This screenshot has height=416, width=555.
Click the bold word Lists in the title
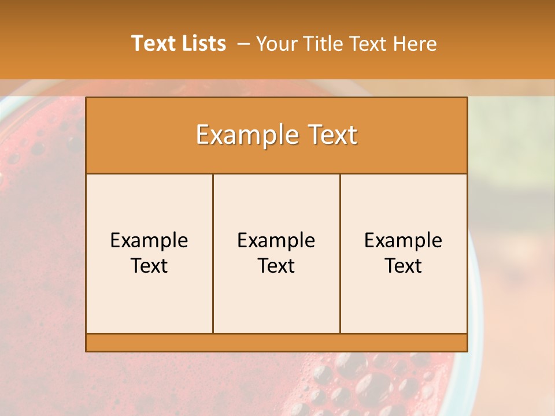tap(203, 43)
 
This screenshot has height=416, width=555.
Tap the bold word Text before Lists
tap(153, 43)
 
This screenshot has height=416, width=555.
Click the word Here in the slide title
tap(415, 44)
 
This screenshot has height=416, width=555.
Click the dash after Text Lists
tap(243, 44)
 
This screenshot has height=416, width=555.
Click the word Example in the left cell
tap(149, 240)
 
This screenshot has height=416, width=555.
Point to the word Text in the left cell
tap(149, 266)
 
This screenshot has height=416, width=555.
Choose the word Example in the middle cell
tap(276, 240)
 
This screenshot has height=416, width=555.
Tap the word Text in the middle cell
tap(276, 266)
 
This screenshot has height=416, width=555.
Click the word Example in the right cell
tap(403, 240)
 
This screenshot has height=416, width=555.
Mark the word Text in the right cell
tap(403, 266)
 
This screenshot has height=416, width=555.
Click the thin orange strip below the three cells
tap(276, 343)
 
